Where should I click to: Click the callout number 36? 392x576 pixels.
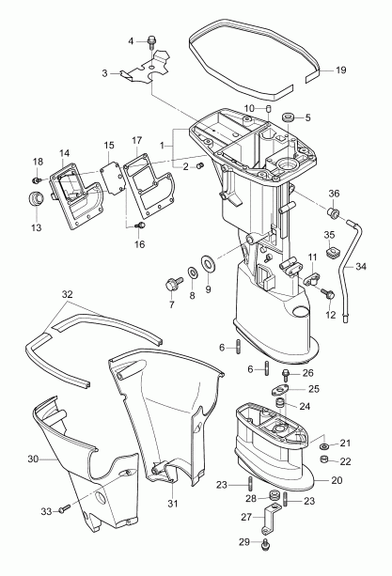(333, 195)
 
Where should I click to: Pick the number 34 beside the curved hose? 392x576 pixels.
(361, 266)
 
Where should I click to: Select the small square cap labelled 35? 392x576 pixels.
(331, 252)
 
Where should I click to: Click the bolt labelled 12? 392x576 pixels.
(325, 294)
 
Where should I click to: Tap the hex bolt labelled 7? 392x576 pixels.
(174, 281)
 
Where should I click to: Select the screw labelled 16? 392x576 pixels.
(142, 226)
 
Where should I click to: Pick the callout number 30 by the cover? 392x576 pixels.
(32, 459)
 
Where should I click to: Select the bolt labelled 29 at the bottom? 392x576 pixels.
(267, 544)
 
